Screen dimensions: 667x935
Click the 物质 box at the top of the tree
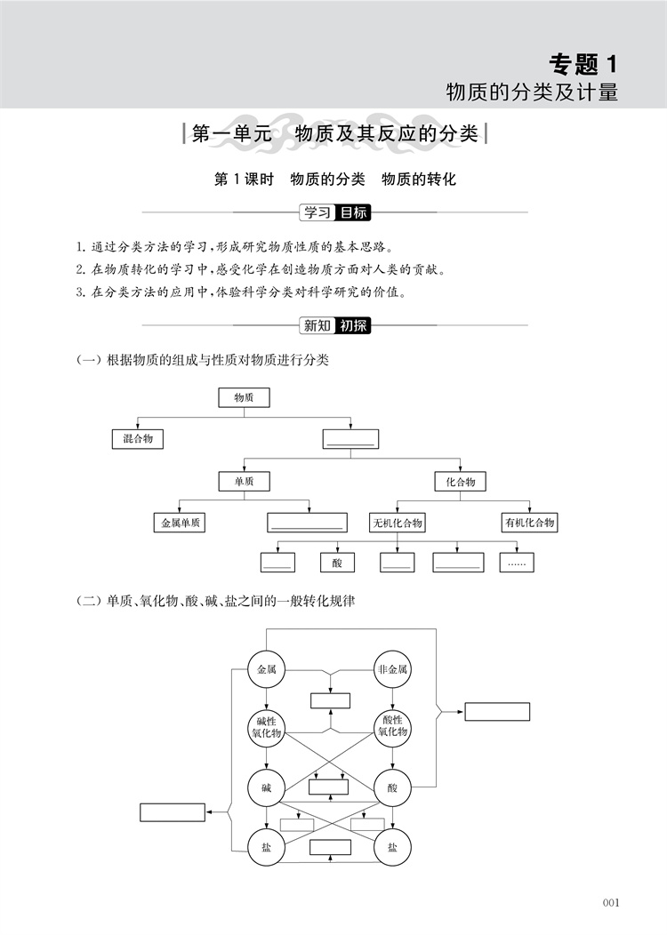click(x=244, y=397)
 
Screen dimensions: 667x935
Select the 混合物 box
click(x=138, y=439)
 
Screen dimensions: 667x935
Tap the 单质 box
click(x=244, y=481)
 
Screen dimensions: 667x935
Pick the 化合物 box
click(x=461, y=481)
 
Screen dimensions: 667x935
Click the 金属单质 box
click(x=180, y=523)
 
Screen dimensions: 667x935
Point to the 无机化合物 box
click(x=398, y=523)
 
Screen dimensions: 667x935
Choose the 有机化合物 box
click(x=530, y=523)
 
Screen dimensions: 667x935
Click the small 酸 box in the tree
click(x=338, y=563)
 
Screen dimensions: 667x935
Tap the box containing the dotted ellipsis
click(x=517, y=563)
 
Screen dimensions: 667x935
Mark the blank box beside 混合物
click(x=350, y=439)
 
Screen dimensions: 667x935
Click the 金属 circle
click(x=266, y=669)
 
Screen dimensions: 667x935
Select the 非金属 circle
click(x=392, y=669)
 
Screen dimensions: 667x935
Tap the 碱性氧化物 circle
click(x=266, y=728)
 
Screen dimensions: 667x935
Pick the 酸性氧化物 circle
click(x=392, y=728)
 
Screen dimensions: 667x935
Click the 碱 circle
click(x=266, y=787)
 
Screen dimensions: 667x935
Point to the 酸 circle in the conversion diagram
click(x=392, y=787)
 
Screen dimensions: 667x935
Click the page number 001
click(x=611, y=902)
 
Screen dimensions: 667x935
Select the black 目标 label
click(x=353, y=212)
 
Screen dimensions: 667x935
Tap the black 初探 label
click(x=353, y=325)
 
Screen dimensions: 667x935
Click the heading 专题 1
click(x=583, y=64)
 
